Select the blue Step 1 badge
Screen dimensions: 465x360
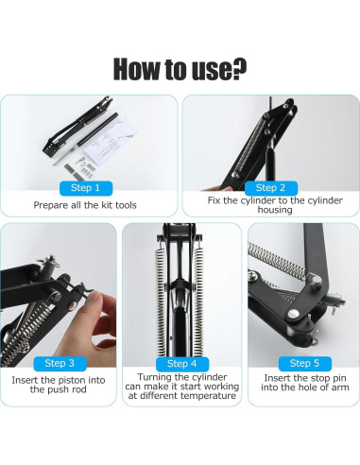click(x=88, y=187)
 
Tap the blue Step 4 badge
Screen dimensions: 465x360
click(x=181, y=363)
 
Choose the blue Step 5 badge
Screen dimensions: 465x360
click(x=303, y=363)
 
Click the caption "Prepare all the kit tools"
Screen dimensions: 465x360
click(x=88, y=204)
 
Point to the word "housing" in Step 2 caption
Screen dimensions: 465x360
click(x=271, y=210)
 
